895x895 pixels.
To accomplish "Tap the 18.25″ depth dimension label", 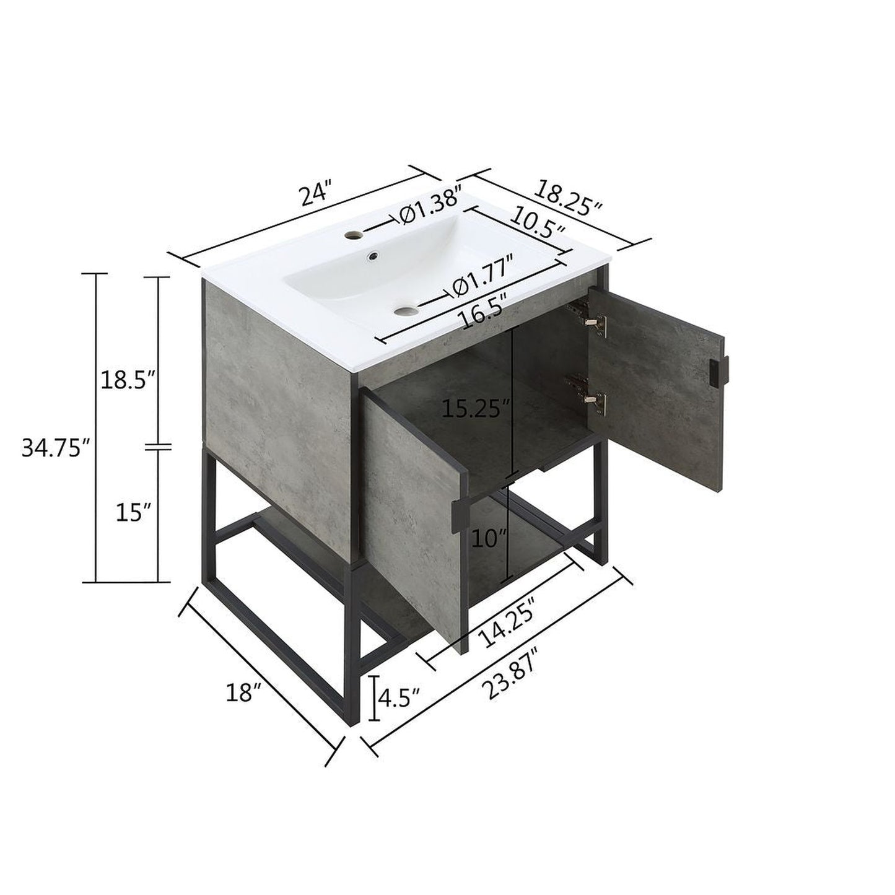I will click(x=569, y=198).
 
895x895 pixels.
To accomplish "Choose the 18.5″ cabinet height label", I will click(x=128, y=379).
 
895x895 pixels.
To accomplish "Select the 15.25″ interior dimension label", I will click(x=476, y=409).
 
